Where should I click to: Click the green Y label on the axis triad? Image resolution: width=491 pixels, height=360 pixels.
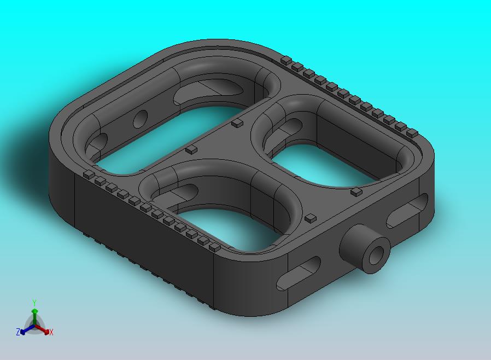(34, 303)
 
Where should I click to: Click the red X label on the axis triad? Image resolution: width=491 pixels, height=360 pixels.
(51, 333)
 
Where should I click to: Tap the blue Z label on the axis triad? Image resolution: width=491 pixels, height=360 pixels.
(18, 332)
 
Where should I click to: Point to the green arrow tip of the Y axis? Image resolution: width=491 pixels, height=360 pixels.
(35, 311)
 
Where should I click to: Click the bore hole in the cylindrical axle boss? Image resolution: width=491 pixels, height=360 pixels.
(376, 255)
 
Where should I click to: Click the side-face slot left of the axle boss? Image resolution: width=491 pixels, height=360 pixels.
(298, 273)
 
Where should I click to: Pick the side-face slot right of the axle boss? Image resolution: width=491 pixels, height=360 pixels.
(407, 210)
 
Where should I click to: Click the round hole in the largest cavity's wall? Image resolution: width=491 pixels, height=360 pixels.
(140, 119)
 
